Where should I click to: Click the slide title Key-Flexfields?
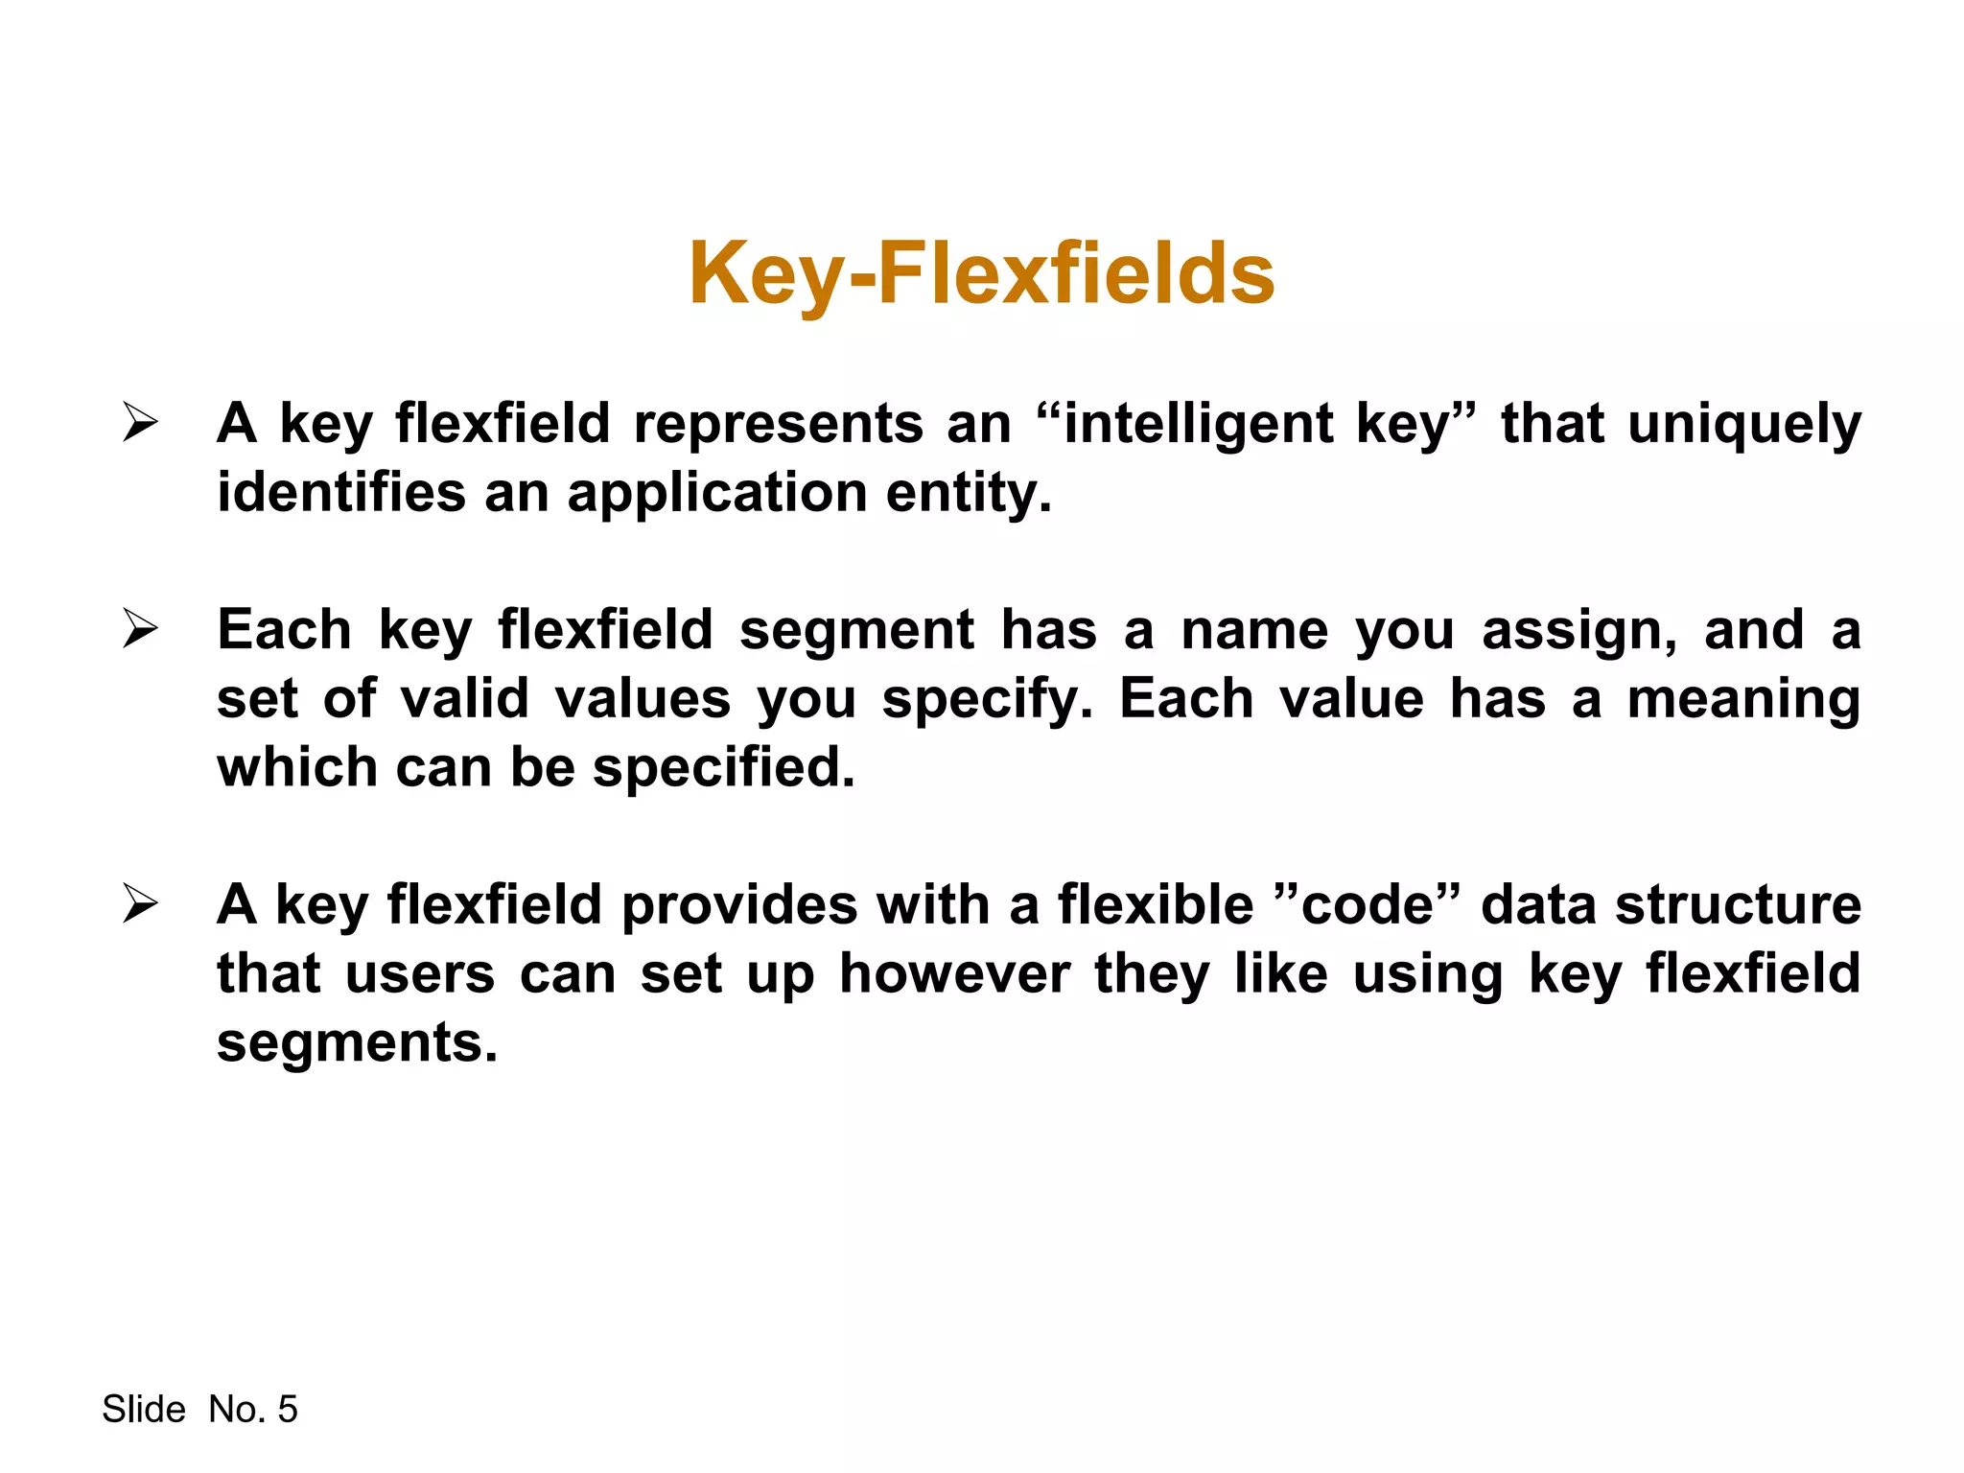coord(981,274)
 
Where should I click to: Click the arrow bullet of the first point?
coord(140,423)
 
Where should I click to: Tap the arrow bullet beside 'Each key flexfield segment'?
coord(140,629)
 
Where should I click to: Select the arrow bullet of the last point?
coord(140,904)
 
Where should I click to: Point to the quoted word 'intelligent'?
coord(1199,424)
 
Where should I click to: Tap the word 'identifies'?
coord(340,493)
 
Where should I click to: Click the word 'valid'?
coord(464,698)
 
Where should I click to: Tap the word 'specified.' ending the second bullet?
coord(723,769)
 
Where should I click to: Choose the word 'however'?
coord(954,974)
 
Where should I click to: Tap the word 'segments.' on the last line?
coord(357,1043)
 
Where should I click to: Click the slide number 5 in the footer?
coord(287,1410)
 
